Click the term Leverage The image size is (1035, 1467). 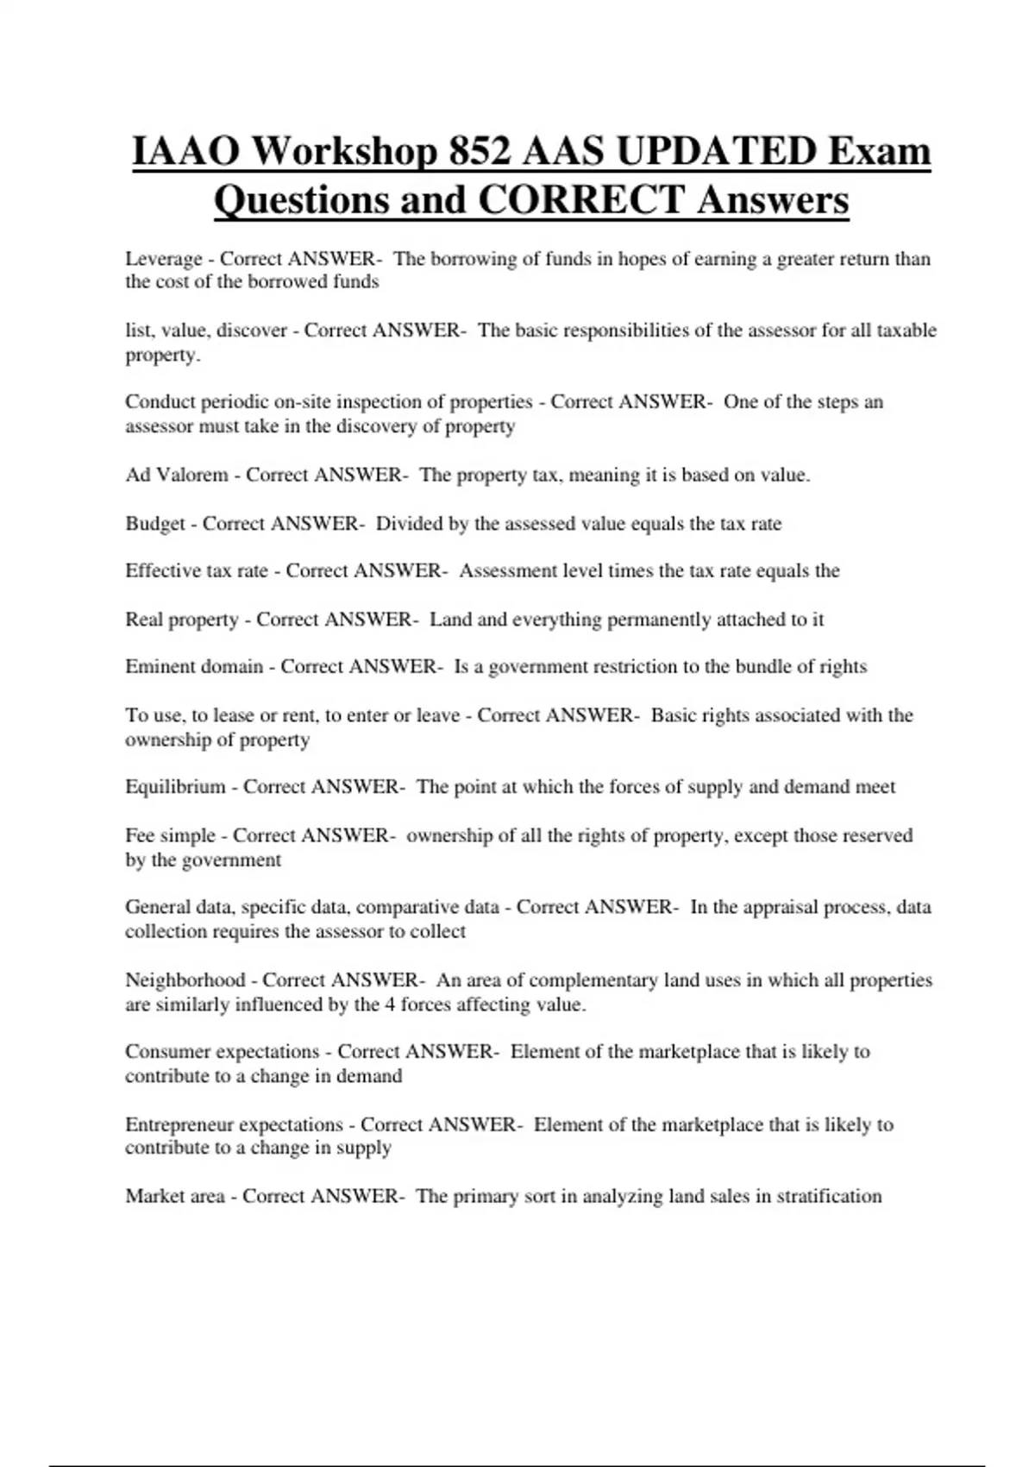click(164, 259)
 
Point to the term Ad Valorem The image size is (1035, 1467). click(177, 475)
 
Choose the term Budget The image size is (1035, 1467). click(155, 524)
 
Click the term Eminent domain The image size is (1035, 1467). click(194, 666)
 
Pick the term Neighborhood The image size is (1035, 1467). click(185, 980)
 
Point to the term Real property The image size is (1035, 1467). click(182, 620)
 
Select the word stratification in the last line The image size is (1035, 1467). click(829, 1196)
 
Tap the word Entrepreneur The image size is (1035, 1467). click(179, 1124)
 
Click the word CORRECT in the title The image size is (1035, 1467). click(581, 200)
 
